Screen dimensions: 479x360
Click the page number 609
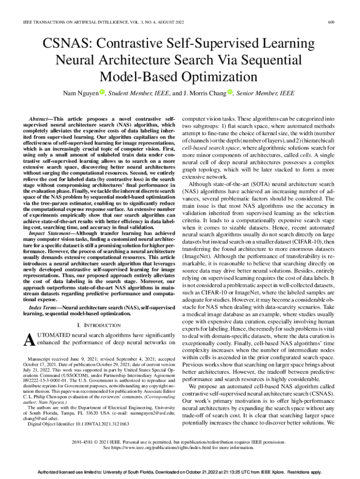pos(331,22)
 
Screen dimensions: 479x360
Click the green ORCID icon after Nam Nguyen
pos(101,92)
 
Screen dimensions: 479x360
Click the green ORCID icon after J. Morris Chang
pos(230,92)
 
